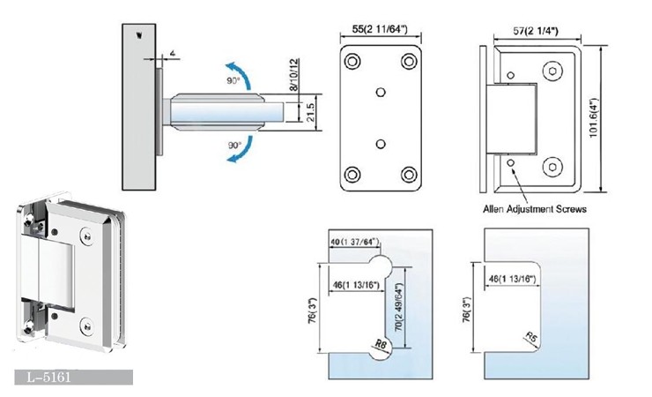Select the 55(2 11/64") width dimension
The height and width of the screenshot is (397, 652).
(x=381, y=29)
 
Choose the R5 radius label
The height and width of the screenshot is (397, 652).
(x=530, y=336)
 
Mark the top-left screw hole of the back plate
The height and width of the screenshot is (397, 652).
(x=352, y=61)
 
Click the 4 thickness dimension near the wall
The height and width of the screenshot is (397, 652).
(x=173, y=55)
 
